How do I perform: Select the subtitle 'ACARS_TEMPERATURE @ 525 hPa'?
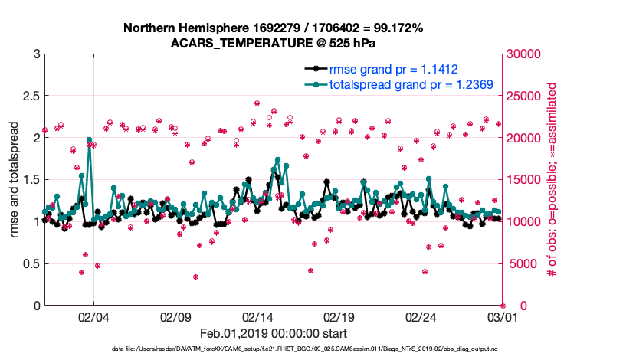pyautogui.click(x=273, y=42)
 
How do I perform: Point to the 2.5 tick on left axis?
pyautogui.click(x=31, y=96)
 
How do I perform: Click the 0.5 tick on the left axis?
pyautogui.click(x=31, y=263)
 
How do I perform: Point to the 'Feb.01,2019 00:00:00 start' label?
pyautogui.click(x=273, y=333)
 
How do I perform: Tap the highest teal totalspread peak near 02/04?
pyautogui.click(x=90, y=140)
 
